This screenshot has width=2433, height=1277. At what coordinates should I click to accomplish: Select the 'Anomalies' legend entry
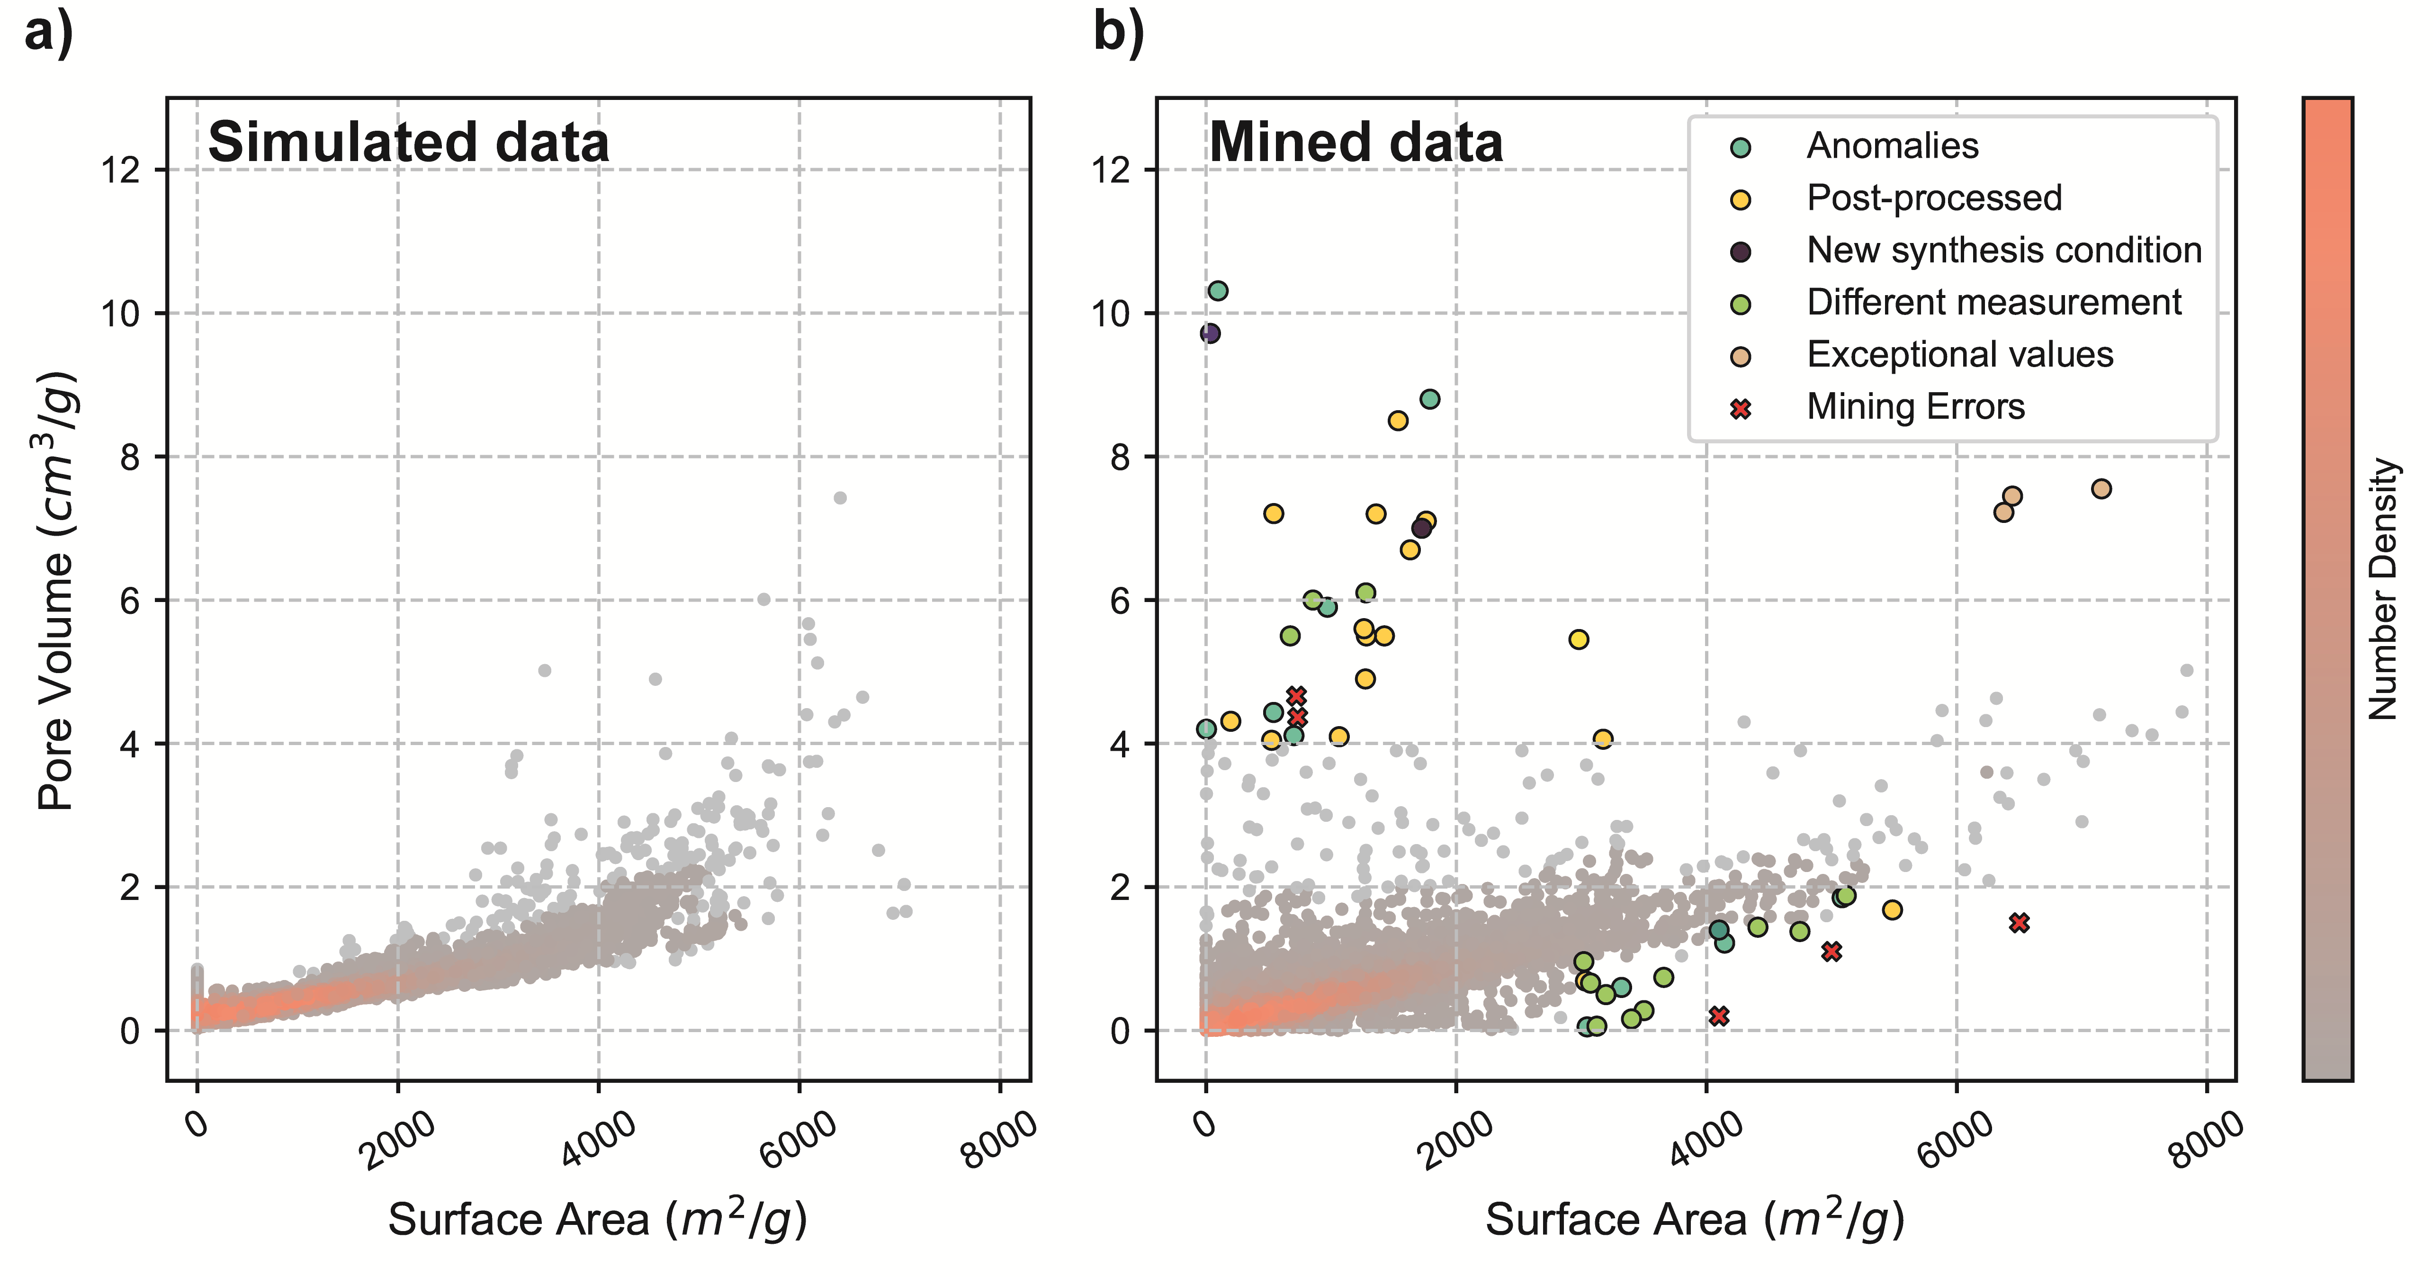coord(1892,146)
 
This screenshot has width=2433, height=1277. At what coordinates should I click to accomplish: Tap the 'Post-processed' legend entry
coord(1933,198)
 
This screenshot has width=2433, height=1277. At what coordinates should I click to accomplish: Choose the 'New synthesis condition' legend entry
coord(2003,250)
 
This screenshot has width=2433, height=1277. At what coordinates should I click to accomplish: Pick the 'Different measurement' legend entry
coord(1993,302)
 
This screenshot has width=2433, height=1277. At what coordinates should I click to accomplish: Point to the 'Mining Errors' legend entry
coord(1914,407)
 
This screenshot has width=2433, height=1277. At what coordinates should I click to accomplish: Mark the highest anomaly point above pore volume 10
coord(1218,291)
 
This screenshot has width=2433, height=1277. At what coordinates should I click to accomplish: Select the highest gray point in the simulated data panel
coord(840,498)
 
